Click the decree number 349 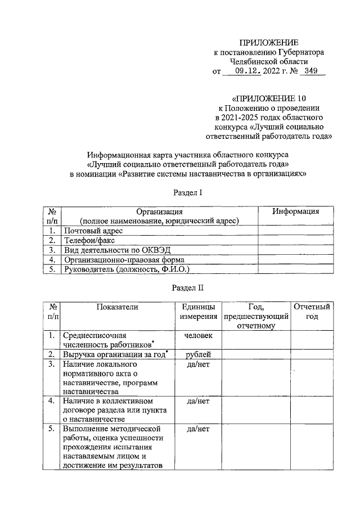pos(310,71)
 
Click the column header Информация pos(295,211)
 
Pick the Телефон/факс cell pos(89,240)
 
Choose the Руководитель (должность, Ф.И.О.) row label pos(127,269)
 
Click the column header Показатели pos(116,307)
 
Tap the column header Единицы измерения pos(198,311)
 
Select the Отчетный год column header pos(311,311)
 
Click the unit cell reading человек pos(198,335)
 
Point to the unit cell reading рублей pos(198,354)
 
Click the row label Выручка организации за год pos(116,354)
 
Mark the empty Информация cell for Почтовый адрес pos(295,231)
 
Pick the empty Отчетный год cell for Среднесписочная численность pos(311,340)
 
